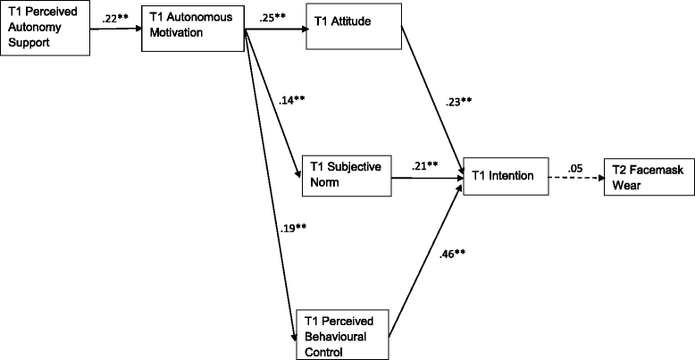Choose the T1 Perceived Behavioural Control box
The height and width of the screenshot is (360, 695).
pos(345,334)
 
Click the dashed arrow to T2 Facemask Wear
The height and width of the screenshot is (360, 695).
pos(572,177)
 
